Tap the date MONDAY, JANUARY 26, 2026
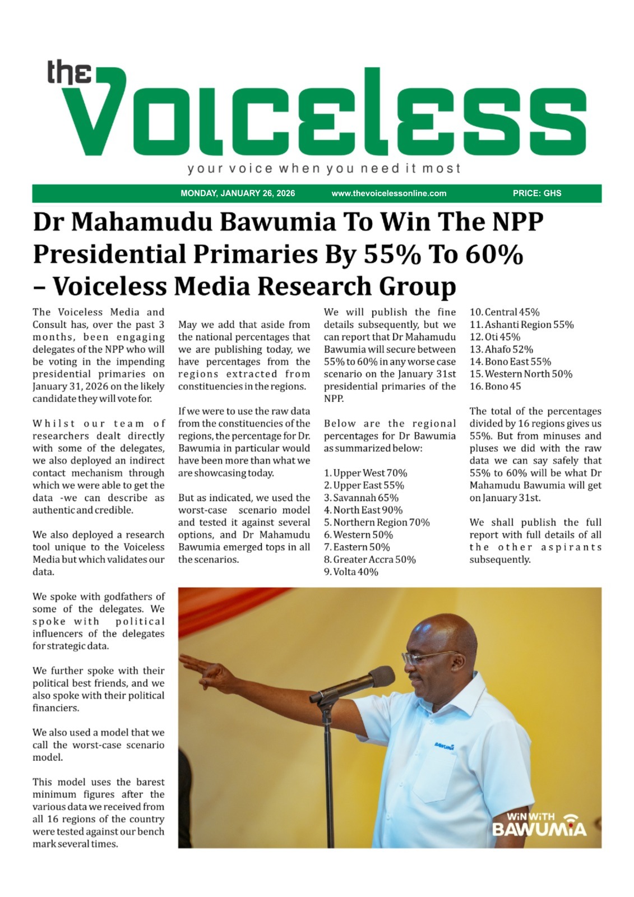(x=238, y=193)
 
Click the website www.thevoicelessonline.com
(x=389, y=193)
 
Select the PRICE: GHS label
(x=536, y=193)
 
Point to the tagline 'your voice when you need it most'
(x=324, y=168)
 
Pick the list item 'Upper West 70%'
(x=365, y=473)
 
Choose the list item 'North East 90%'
(x=363, y=510)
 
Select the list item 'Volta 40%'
(x=351, y=571)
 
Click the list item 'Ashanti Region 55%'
(x=521, y=325)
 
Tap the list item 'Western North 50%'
(x=521, y=374)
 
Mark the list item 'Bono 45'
(x=495, y=386)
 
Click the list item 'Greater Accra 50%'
(x=370, y=559)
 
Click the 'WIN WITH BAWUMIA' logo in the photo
(x=539, y=824)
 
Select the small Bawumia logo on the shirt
(x=443, y=745)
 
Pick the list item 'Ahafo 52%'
(x=501, y=349)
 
